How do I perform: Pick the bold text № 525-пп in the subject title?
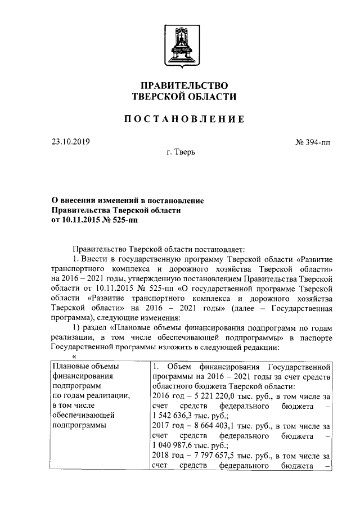pyautogui.click(x=120, y=219)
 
